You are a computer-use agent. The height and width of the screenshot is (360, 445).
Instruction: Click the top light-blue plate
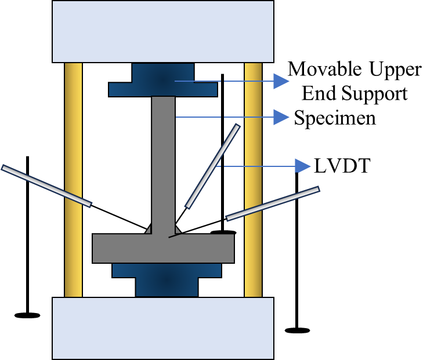tap(163, 31)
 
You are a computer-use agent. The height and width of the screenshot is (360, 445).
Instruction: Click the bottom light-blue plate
tap(163, 328)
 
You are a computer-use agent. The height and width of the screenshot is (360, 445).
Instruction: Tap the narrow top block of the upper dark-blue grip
tap(162, 72)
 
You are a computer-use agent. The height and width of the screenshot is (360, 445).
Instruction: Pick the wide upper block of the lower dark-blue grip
tap(167, 270)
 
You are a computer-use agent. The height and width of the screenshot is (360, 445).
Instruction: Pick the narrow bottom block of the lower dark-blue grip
tap(167, 287)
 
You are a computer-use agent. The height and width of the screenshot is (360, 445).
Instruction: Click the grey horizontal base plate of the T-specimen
tap(163, 249)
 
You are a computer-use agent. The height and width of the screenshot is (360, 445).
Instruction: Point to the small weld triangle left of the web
tap(149, 230)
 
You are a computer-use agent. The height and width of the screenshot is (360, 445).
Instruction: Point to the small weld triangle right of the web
tap(178, 230)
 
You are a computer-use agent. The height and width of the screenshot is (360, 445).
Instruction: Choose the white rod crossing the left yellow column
tap(46, 186)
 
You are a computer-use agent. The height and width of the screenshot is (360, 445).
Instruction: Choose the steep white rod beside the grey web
tap(212, 166)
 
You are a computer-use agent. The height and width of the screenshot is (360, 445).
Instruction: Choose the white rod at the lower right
tap(273, 203)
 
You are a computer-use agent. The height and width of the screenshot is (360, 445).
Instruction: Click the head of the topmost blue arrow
tap(281, 81)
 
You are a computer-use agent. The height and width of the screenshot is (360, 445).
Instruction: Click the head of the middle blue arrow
tap(281, 117)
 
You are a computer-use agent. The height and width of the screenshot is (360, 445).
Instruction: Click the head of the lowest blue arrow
tap(302, 166)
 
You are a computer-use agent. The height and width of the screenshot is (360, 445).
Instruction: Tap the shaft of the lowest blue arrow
tap(258, 166)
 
